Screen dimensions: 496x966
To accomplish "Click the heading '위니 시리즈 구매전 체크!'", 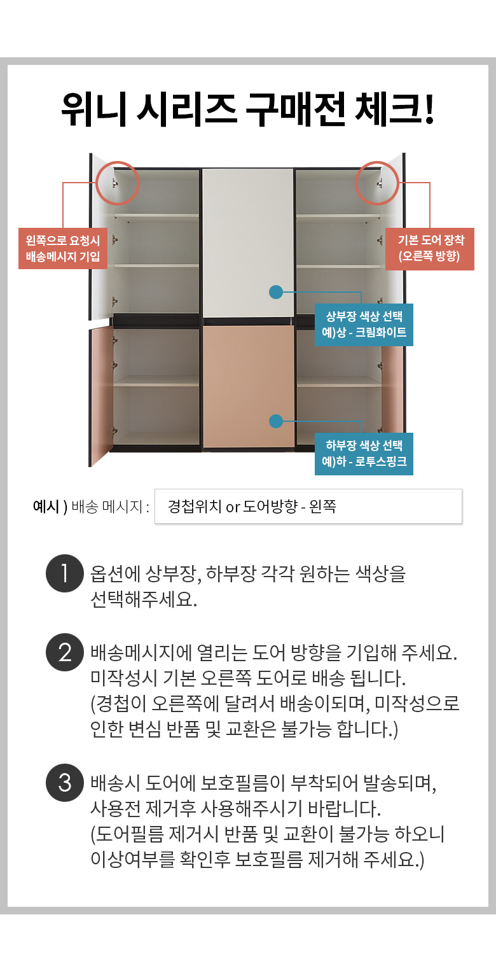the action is click(247, 109).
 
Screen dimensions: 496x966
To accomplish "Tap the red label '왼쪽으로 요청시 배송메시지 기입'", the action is click(63, 248).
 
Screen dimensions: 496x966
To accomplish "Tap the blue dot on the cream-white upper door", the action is click(276, 292).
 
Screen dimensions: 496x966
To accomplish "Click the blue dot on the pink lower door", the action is click(276, 421).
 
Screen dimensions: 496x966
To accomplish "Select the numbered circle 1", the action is click(65, 573).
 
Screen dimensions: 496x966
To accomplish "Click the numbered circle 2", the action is click(65, 652).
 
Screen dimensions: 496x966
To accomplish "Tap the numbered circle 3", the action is click(65, 783).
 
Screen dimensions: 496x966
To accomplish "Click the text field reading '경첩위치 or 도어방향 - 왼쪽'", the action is click(308, 507).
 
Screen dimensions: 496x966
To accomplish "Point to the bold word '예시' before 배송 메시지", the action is click(46, 507).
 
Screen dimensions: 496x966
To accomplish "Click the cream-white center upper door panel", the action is click(248, 243).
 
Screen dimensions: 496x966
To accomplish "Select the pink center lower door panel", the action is click(249, 386).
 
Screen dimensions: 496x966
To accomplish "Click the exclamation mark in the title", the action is click(429, 109).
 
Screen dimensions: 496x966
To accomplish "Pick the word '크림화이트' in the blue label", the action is click(380, 332).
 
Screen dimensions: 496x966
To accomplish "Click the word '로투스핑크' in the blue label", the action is click(380, 461).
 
